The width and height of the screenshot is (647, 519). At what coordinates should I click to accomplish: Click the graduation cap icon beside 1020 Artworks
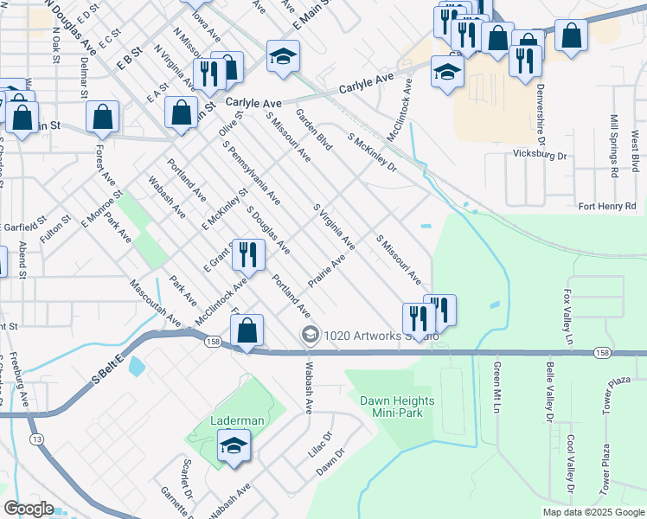309,335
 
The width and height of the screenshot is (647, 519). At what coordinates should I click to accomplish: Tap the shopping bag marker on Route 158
247,332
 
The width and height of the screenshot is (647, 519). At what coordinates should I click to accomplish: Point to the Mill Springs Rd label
613,145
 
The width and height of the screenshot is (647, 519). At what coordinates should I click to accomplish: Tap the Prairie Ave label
326,272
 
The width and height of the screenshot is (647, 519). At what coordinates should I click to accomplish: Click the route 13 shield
37,439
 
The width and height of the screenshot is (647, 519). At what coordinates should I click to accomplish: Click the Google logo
29,509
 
